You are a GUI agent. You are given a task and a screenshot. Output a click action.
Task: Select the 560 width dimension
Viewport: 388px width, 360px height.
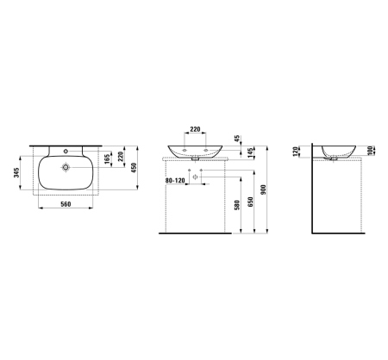pos(64,206)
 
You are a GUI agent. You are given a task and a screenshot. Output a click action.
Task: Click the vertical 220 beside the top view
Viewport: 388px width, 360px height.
pos(121,157)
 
